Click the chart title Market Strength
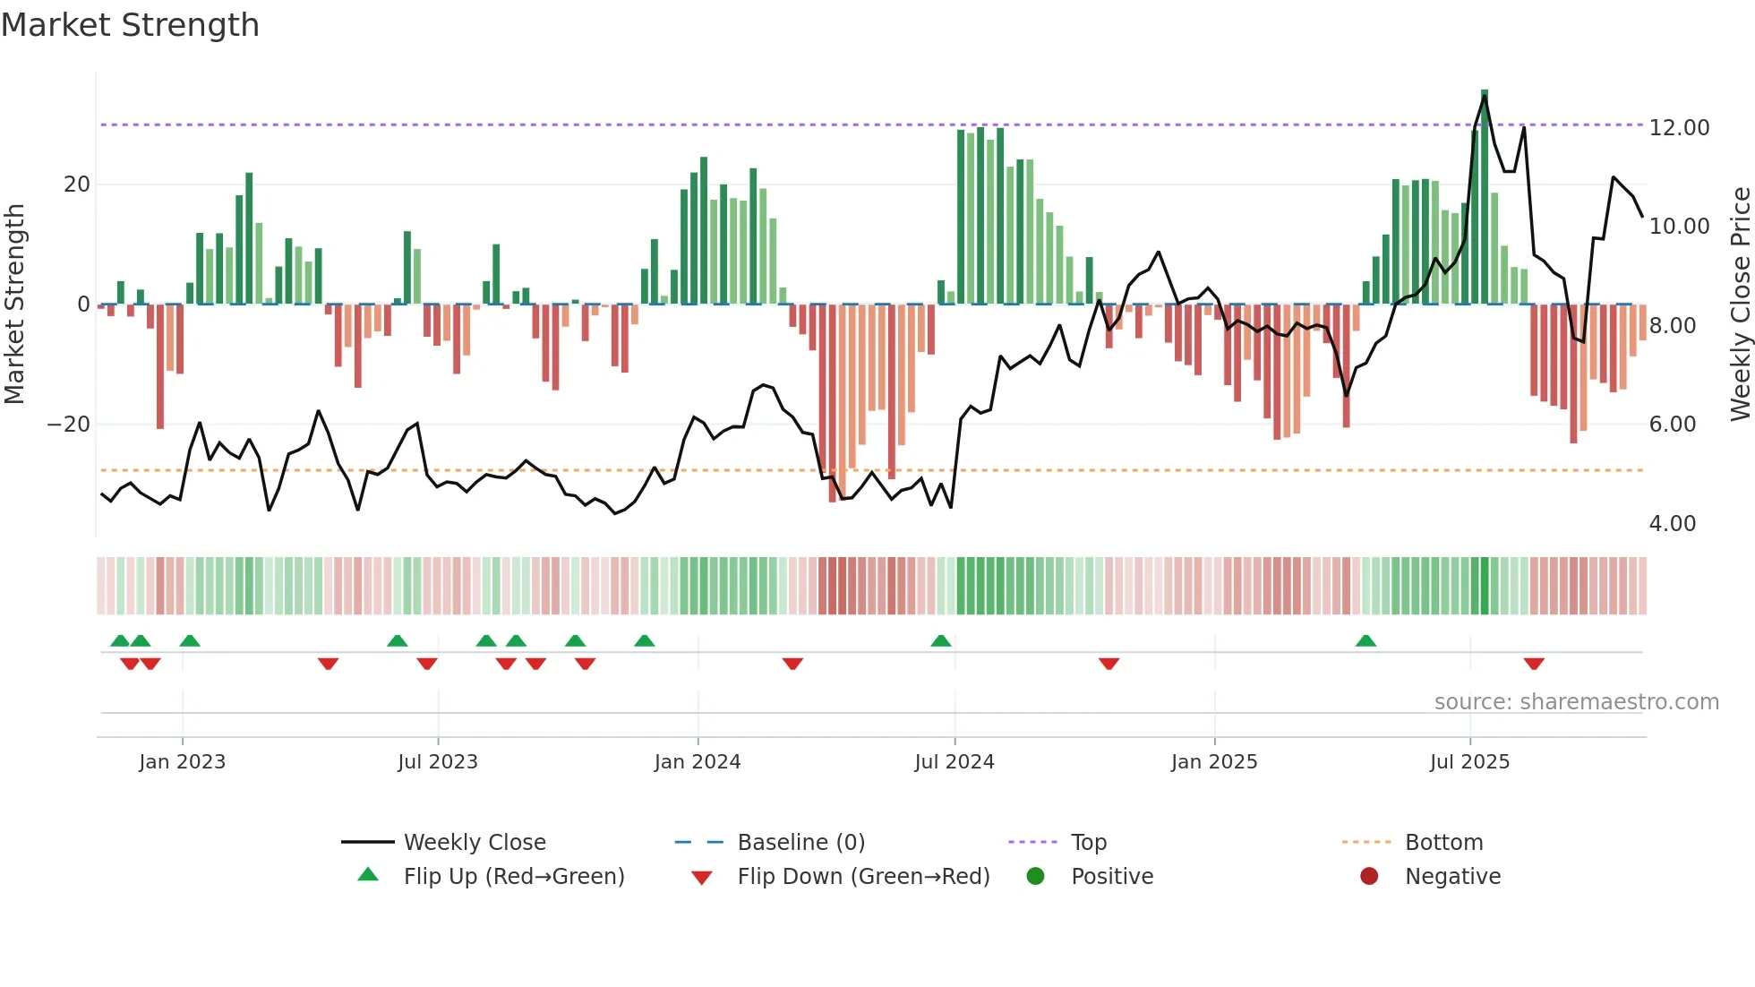pos(130,25)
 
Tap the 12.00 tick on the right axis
pos(1679,128)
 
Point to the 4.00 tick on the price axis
pos(1672,524)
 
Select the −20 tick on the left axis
pos(69,425)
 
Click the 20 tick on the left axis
pos(77,185)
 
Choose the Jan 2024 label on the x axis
pos(698,762)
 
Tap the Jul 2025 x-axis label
pos(1469,762)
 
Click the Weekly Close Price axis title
pos(1740,305)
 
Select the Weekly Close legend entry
pos(474,843)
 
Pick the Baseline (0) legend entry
pos(800,843)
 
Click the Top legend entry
pos(1088,843)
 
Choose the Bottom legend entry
pos(1443,843)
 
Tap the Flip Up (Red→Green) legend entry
pos(513,877)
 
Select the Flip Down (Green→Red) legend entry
pos(862,877)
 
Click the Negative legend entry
pos(1451,877)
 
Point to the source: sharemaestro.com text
pos(1576,702)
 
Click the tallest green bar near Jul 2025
pos(1485,197)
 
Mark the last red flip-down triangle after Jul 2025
pos(1534,664)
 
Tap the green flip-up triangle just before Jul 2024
pos(940,641)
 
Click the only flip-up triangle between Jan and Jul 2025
pos(1365,641)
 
